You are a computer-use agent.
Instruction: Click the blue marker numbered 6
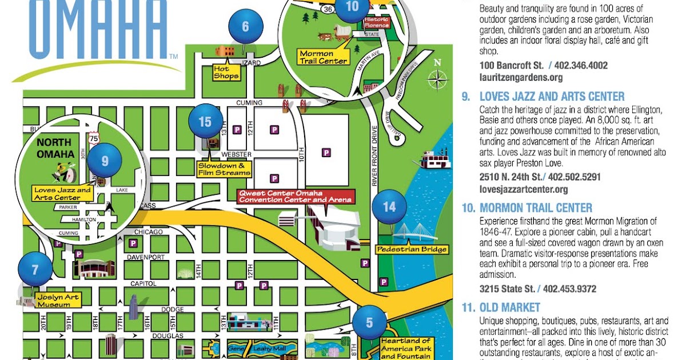246,27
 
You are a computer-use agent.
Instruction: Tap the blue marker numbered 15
205,122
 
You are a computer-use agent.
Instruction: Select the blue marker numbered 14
389,206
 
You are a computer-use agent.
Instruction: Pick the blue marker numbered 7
35,269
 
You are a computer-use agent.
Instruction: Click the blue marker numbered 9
105,161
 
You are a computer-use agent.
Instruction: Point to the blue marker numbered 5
369,323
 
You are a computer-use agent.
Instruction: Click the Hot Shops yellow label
226,72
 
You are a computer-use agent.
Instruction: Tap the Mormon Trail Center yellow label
324,57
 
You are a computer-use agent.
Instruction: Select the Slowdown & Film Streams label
224,169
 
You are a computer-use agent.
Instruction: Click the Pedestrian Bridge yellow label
412,249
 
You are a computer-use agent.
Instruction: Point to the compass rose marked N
438,77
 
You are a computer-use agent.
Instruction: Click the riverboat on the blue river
435,159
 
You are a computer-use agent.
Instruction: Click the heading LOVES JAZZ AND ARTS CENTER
552,97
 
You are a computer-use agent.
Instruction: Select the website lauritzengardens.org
521,77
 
